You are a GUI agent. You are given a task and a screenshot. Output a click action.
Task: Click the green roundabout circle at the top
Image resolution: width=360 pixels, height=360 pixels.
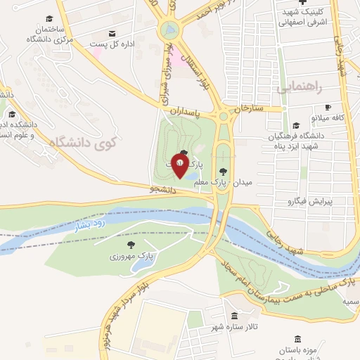[169, 30]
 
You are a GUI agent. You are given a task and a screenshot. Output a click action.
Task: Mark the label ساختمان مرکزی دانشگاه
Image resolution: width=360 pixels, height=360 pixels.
[47, 34]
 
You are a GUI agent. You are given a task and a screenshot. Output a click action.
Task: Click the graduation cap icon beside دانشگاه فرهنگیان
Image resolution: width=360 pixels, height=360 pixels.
[296, 125]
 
